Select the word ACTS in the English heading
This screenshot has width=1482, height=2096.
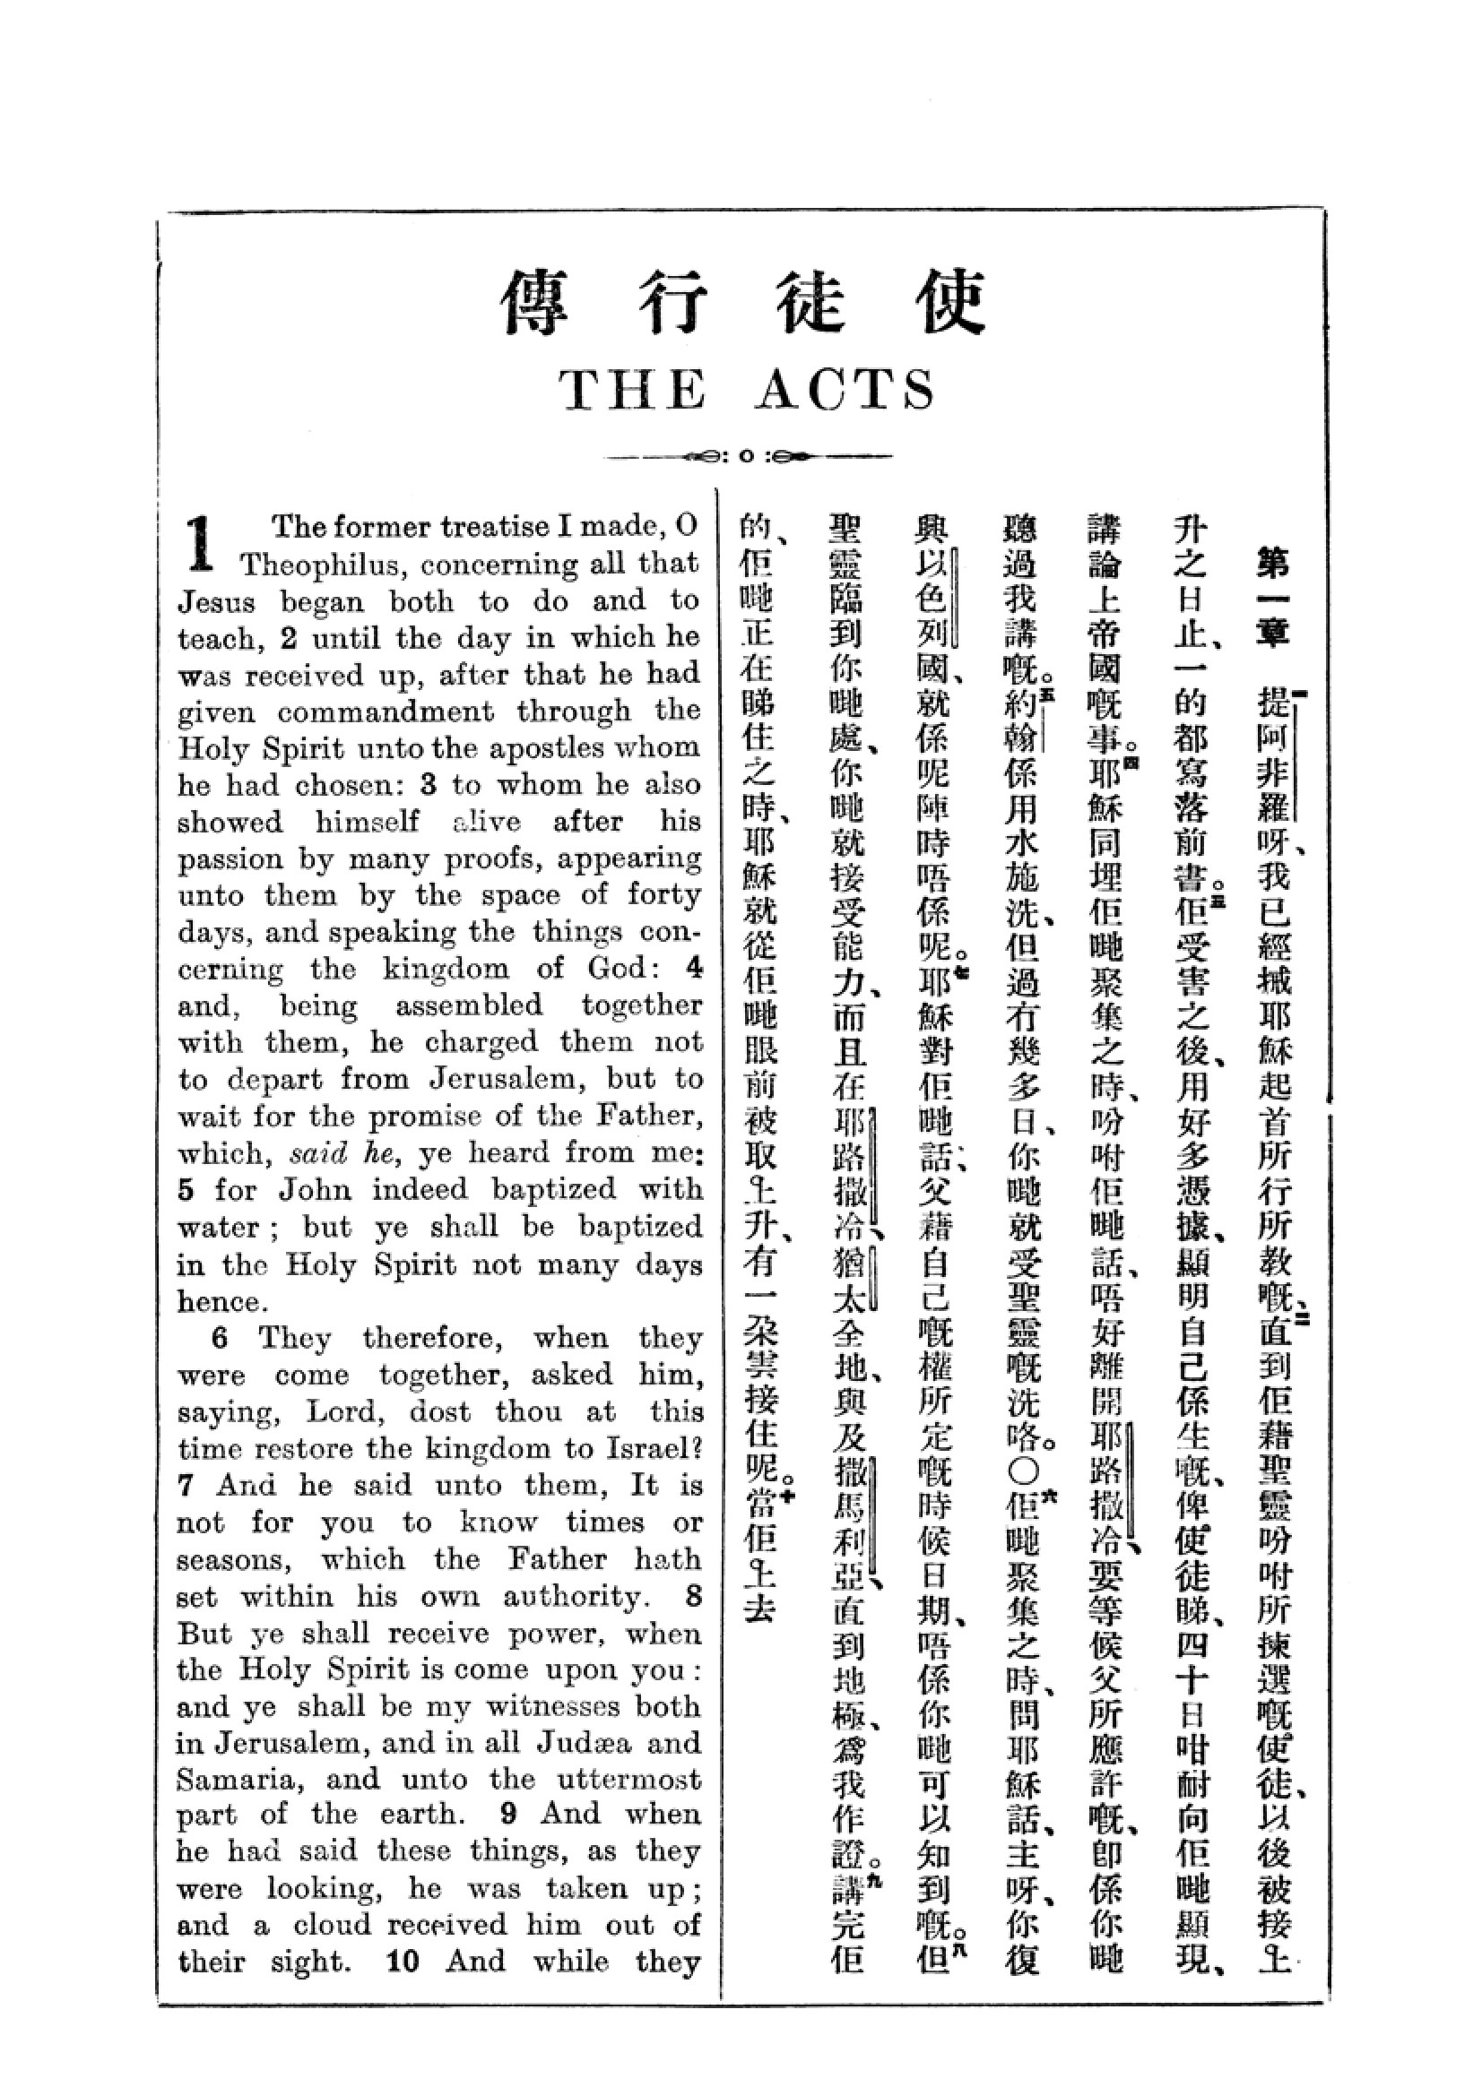[x=845, y=392]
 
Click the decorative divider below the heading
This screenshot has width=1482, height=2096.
[x=748, y=456]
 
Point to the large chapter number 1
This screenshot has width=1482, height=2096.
[x=202, y=541]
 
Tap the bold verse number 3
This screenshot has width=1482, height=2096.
[x=430, y=785]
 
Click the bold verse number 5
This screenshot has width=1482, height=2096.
[x=186, y=1189]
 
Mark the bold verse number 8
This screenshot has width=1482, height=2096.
[x=693, y=1596]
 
